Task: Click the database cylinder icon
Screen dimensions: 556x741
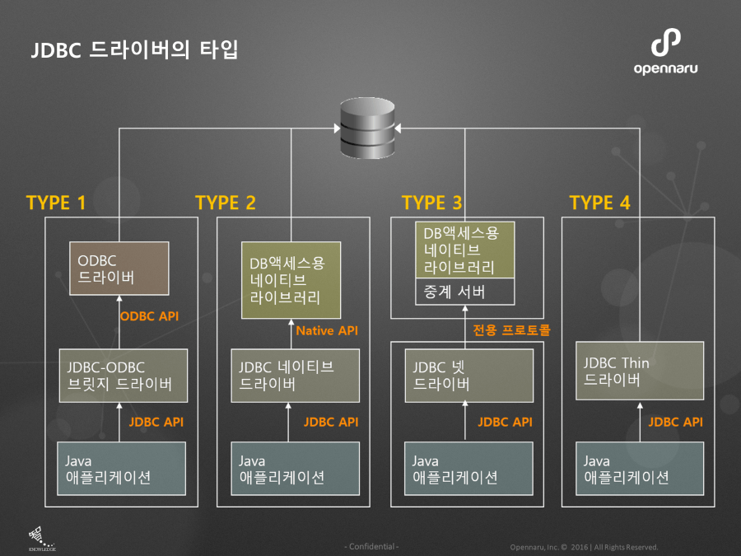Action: [x=367, y=129]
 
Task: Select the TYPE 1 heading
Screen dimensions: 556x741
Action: [x=56, y=203]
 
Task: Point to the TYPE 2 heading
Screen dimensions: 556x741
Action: [x=226, y=203]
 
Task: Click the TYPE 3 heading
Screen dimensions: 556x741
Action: [x=432, y=203]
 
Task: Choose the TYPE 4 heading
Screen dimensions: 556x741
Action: [x=600, y=203]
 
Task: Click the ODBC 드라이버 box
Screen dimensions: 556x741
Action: [x=119, y=269]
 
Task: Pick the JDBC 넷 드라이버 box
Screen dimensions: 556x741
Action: [x=468, y=375]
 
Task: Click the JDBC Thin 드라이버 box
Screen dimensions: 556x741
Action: [x=640, y=371]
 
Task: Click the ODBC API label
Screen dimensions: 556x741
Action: [x=149, y=316]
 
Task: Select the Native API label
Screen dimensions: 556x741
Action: [x=328, y=331]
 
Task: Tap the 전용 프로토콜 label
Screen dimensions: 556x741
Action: [x=511, y=330]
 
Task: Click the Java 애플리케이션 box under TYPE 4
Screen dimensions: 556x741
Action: [x=640, y=469]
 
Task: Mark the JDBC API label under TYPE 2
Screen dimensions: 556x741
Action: [x=331, y=422]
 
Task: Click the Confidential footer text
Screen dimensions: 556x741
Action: [x=371, y=547]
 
